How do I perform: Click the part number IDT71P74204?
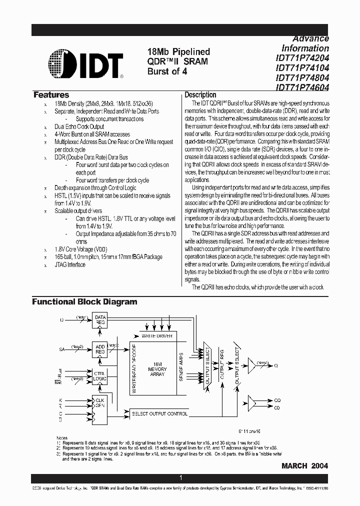pyautogui.click(x=302, y=58)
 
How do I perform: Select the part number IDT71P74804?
pyautogui.click(x=302, y=77)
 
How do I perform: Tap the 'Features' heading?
pyautogui.click(x=51, y=95)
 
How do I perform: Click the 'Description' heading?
pyautogui.click(x=200, y=95)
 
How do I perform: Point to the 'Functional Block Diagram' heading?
pyautogui.click(x=84, y=302)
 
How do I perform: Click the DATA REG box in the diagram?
pyautogui.click(x=100, y=320)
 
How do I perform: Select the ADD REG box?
pyautogui.click(x=100, y=348)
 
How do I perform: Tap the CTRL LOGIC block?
pyautogui.click(x=100, y=375)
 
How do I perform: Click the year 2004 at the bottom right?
pyautogui.click(x=320, y=465)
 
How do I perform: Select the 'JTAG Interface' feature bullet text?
pyautogui.click(x=70, y=265)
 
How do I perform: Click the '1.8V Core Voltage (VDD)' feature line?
pyautogui.click(x=80, y=249)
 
